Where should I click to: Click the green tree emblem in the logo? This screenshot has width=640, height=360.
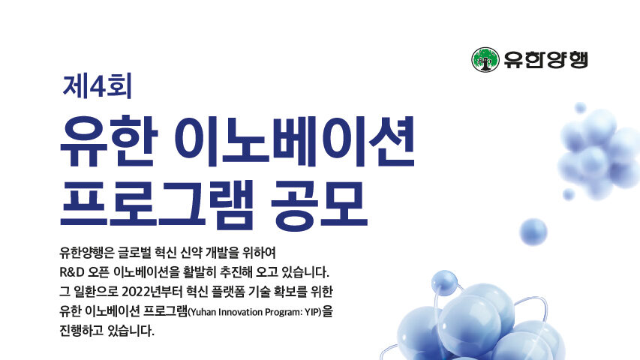(x=485, y=59)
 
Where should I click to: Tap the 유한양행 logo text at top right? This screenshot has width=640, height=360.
(x=545, y=59)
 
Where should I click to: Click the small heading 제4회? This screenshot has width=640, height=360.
(x=97, y=86)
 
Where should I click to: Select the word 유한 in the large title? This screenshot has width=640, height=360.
(x=109, y=141)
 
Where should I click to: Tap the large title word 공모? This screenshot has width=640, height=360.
(x=320, y=204)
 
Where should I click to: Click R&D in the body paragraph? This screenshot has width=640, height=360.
(x=72, y=271)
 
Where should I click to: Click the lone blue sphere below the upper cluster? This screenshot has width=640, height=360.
(x=533, y=232)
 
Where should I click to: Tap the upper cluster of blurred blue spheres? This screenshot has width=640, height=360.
(x=599, y=153)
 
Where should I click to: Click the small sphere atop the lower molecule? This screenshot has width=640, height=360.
(x=444, y=282)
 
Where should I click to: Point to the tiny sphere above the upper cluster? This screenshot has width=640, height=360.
(x=580, y=108)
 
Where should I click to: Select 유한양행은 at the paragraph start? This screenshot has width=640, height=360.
(x=86, y=253)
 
